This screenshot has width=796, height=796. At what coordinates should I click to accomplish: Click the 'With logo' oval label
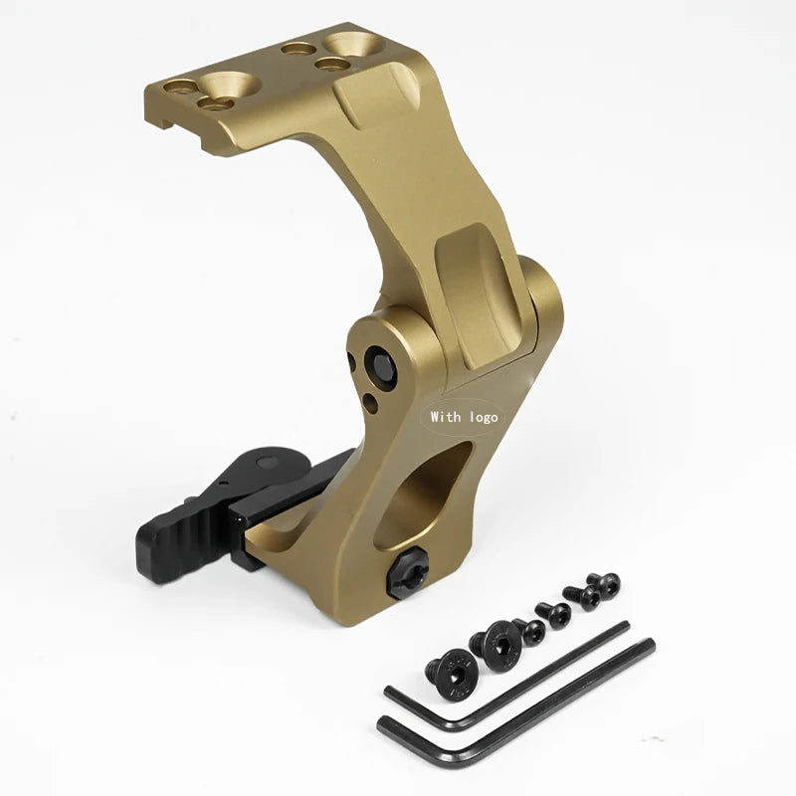click(464, 417)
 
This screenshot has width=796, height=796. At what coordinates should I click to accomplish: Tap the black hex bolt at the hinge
click(379, 364)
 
